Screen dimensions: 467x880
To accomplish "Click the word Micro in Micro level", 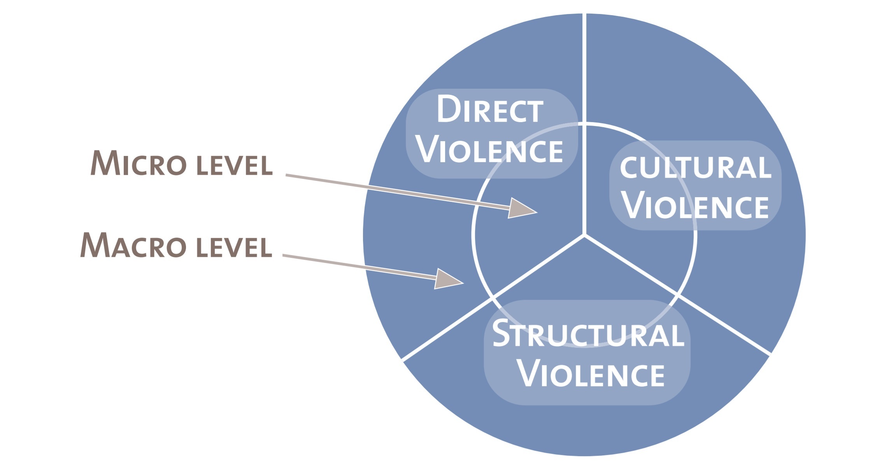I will [x=138, y=163].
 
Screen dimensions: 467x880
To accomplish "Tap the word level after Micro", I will [x=234, y=166].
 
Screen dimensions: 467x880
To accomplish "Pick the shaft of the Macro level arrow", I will [x=358, y=266].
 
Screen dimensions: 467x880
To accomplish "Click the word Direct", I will [x=490, y=109].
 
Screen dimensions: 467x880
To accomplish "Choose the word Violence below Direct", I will [x=490, y=150].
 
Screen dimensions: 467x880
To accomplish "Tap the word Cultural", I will [x=695, y=168].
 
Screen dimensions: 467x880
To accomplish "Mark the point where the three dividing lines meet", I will [x=584, y=235].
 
